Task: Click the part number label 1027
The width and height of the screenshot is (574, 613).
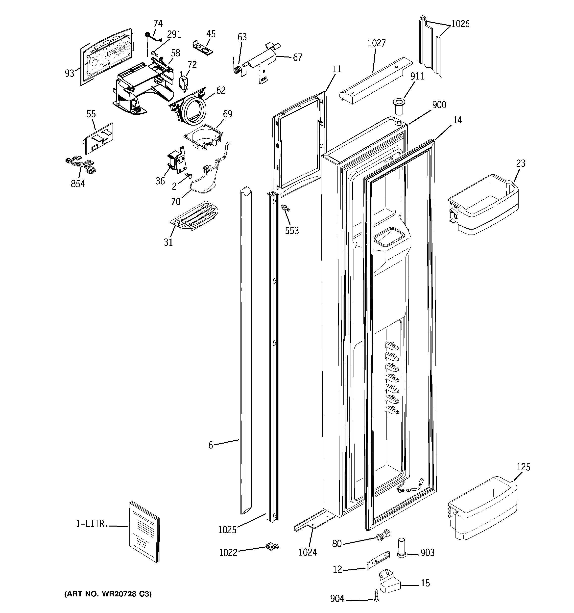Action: coord(377,43)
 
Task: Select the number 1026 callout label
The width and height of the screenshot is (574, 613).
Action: coord(460,24)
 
